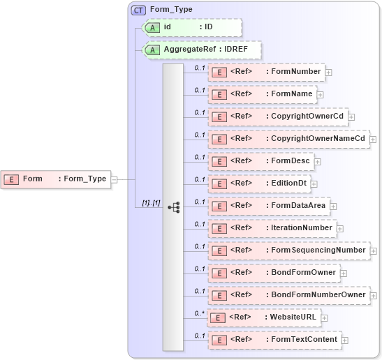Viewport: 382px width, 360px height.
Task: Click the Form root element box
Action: (55, 179)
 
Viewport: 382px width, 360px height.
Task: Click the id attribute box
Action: (191, 27)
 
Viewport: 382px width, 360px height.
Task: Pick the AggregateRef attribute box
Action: (201, 50)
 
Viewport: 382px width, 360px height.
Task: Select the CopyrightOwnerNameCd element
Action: (288, 139)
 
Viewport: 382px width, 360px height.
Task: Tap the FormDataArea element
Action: (268, 206)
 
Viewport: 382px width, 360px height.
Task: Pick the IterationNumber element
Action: (271, 228)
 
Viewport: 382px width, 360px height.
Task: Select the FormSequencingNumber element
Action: (288, 250)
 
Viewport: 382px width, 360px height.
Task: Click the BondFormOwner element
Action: (273, 273)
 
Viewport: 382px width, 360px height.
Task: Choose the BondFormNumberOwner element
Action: (288, 295)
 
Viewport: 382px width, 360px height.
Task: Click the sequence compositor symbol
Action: (173, 207)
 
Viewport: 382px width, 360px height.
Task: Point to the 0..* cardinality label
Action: (200, 313)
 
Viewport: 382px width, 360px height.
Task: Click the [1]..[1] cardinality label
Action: (151, 203)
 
